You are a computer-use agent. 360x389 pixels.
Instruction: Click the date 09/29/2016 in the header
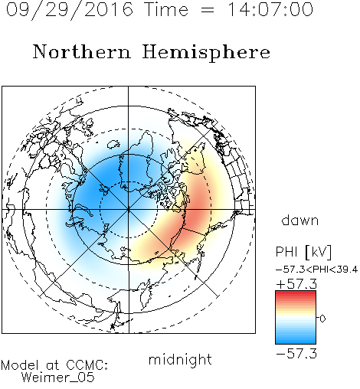pyautogui.click(x=70, y=10)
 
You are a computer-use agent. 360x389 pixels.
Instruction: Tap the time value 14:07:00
pyautogui.click(x=270, y=9)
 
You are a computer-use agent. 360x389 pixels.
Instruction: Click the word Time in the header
pyautogui.click(x=166, y=9)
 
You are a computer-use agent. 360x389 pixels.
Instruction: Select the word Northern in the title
pyautogui.click(x=82, y=51)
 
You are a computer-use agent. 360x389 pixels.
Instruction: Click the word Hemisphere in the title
pyautogui.click(x=206, y=53)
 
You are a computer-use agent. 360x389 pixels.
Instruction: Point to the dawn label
pyautogui.click(x=300, y=220)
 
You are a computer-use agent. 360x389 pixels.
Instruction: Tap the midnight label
pyautogui.click(x=180, y=359)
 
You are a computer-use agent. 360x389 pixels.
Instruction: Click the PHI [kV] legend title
pyautogui.click(x=303, y=252)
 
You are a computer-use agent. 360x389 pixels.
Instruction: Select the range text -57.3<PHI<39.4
pyautogui.click(x=316, y=270)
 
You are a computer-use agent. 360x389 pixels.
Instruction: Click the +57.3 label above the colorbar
pyautogui.click(x=296, y=284)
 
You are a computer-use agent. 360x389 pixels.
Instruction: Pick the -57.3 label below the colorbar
pyautogui.click(x=296, y=354)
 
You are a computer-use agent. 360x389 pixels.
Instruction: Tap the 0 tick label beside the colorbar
pyautogui.click(x=322, y=319)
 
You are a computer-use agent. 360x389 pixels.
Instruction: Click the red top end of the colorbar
pyautogui.click(x=296, y=293)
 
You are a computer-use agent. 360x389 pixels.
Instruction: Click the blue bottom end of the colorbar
pyautogui.click(x=296, y=342)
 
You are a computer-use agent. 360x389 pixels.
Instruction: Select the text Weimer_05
pyautogui.click(x=58, y=378)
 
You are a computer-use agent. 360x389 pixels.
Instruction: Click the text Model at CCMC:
pyautogui.click(x=54, y=365)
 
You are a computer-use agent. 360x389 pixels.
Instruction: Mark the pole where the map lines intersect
pyautogui.click(x=129, y=210)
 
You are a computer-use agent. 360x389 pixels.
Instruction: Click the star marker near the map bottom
pyautogui.click(x=113, y=326)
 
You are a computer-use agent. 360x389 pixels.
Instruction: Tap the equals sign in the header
pyautogui.click(x=208, y=10)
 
